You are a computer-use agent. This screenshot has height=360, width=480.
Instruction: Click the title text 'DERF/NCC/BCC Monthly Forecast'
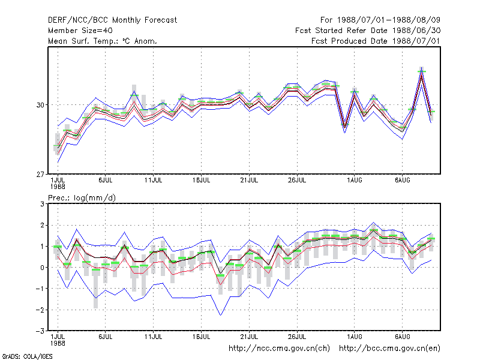(x=112, y=20)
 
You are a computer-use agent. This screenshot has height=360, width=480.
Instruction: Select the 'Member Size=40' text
(x=80, y=31)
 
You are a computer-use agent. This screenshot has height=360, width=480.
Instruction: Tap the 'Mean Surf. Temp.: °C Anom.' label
(x=103, y=41)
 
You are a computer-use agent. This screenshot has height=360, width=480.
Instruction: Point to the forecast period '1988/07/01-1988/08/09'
(x=388, y=20)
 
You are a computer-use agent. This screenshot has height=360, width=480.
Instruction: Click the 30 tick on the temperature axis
(x=40, y=105)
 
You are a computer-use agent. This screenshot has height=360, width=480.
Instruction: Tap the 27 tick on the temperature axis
(x=40, y=175)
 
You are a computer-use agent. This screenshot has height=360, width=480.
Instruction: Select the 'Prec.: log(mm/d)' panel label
(x=82, y=198)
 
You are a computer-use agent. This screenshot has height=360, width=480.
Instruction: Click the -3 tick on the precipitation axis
(x=40, y=331)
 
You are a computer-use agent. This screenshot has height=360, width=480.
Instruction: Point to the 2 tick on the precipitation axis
(x=42, y=226)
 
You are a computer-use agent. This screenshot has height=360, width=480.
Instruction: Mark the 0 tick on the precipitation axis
(x=42, y=268)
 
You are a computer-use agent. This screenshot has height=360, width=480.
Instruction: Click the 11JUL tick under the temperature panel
(x=154, y=180)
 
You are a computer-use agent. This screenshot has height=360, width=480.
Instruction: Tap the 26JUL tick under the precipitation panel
(x=297, y=337)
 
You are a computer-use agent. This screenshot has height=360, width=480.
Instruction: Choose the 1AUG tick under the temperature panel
(x=355, y=180)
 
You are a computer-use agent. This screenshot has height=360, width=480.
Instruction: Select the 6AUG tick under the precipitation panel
(x=402, y=337)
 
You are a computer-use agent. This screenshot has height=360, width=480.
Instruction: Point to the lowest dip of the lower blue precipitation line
(x=221, y=315)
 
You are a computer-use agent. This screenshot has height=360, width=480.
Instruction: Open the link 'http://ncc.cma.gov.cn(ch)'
(x=279, y=349)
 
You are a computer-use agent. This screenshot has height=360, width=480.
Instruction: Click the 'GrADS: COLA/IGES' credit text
(x=27, y=356)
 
